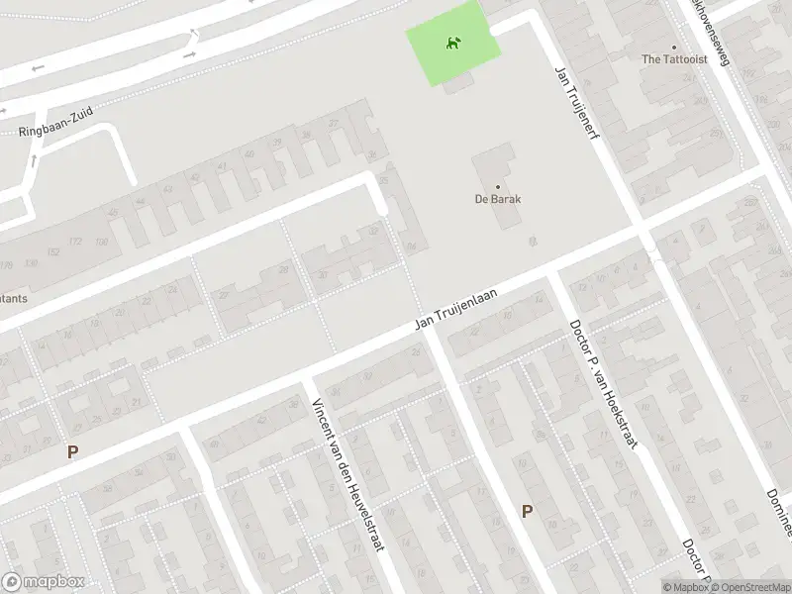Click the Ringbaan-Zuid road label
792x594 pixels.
tap(55, 122)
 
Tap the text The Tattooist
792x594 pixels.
tap(673, 59)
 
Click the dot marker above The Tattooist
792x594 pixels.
tap(673, 46)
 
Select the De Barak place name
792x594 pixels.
tap(498, 198)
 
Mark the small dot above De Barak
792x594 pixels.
tap(498, 185)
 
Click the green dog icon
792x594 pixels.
tap(451, 43)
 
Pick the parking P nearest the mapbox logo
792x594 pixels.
tap(71, 451)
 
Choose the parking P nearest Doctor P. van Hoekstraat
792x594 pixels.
tap(527, 511)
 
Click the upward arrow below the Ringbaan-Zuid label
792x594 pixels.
tap(34, 158)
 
